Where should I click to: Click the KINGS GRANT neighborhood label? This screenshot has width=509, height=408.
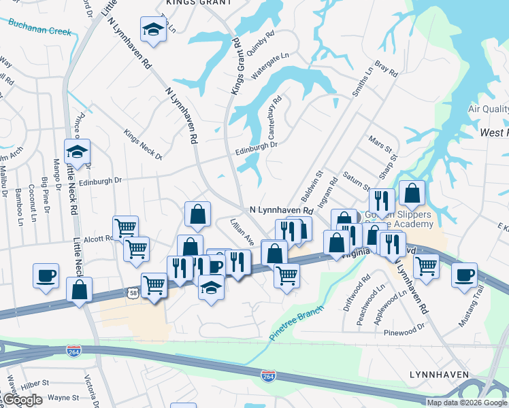tap(198, 3)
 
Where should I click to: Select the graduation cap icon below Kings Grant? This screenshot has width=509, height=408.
tap(153, 29)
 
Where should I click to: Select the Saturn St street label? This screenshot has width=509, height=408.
tap(357, 182)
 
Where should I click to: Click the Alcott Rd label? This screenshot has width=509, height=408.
tap(99, 239)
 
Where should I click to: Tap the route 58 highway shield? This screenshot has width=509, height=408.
tap(131, 292)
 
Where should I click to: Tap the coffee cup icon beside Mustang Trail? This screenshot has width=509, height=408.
tap(465, 275)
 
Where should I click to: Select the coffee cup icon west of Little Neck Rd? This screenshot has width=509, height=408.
tap(46, 276)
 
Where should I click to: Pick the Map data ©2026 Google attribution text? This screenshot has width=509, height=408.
tap(467, 403)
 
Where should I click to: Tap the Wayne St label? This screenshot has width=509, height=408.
tap(64, 397)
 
